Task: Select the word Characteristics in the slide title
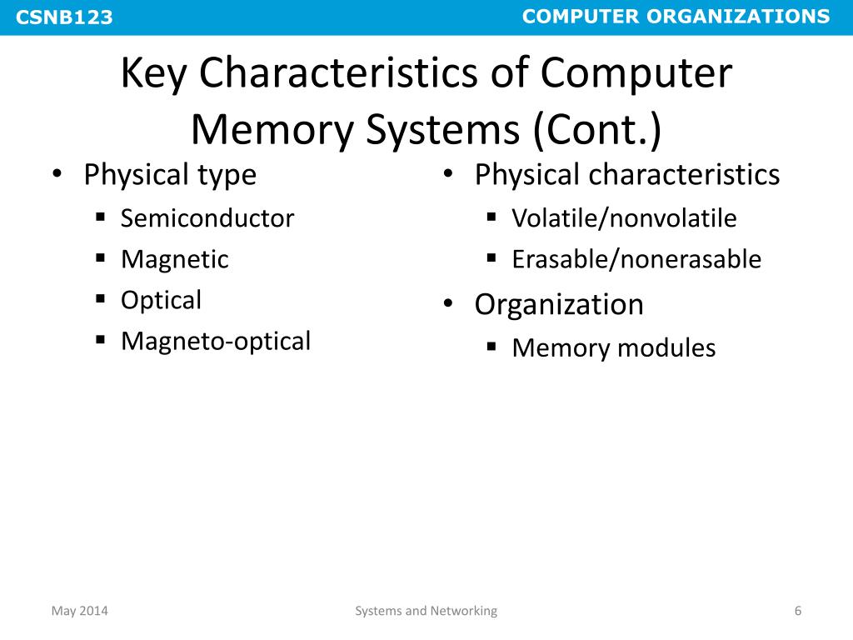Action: pos(335,74)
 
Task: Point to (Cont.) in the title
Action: pos(592,130)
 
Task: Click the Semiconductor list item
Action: pos(207,218)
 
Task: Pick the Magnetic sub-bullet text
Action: pos(174,259)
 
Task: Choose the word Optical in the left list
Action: pos(161,300)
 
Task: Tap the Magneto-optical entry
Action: pos(215,341)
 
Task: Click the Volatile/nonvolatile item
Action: pos(624,218)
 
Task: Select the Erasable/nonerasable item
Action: pos(636,259)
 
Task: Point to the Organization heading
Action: pos(559,304)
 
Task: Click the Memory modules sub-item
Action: pos(613,347)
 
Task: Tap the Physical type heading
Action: pos(170,175)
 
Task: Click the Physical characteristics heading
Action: pos(626,175)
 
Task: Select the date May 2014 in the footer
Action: pos(80,611)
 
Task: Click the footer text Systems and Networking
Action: pos(426,611)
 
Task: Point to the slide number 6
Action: pos(797,611)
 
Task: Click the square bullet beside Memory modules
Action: pos(491,346)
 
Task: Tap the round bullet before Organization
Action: pos(448,304)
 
